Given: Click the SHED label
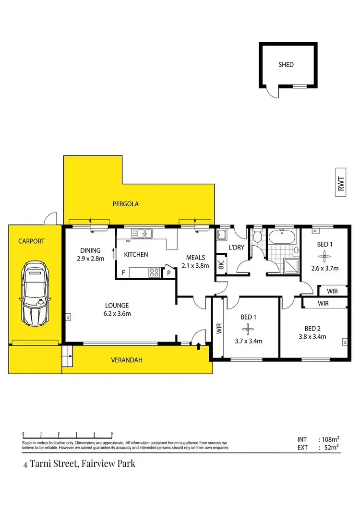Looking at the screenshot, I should (x=286, y=64).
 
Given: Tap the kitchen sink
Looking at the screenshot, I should (x=142, y=234).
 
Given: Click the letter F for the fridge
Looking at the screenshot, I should (x=123, y=273).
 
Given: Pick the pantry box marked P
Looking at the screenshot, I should (x=169, y=273).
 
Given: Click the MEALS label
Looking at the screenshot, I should (x=195, y=258).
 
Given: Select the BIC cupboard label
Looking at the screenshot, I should (x=221, y=265).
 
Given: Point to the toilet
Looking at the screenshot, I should (x=257, y=236).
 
